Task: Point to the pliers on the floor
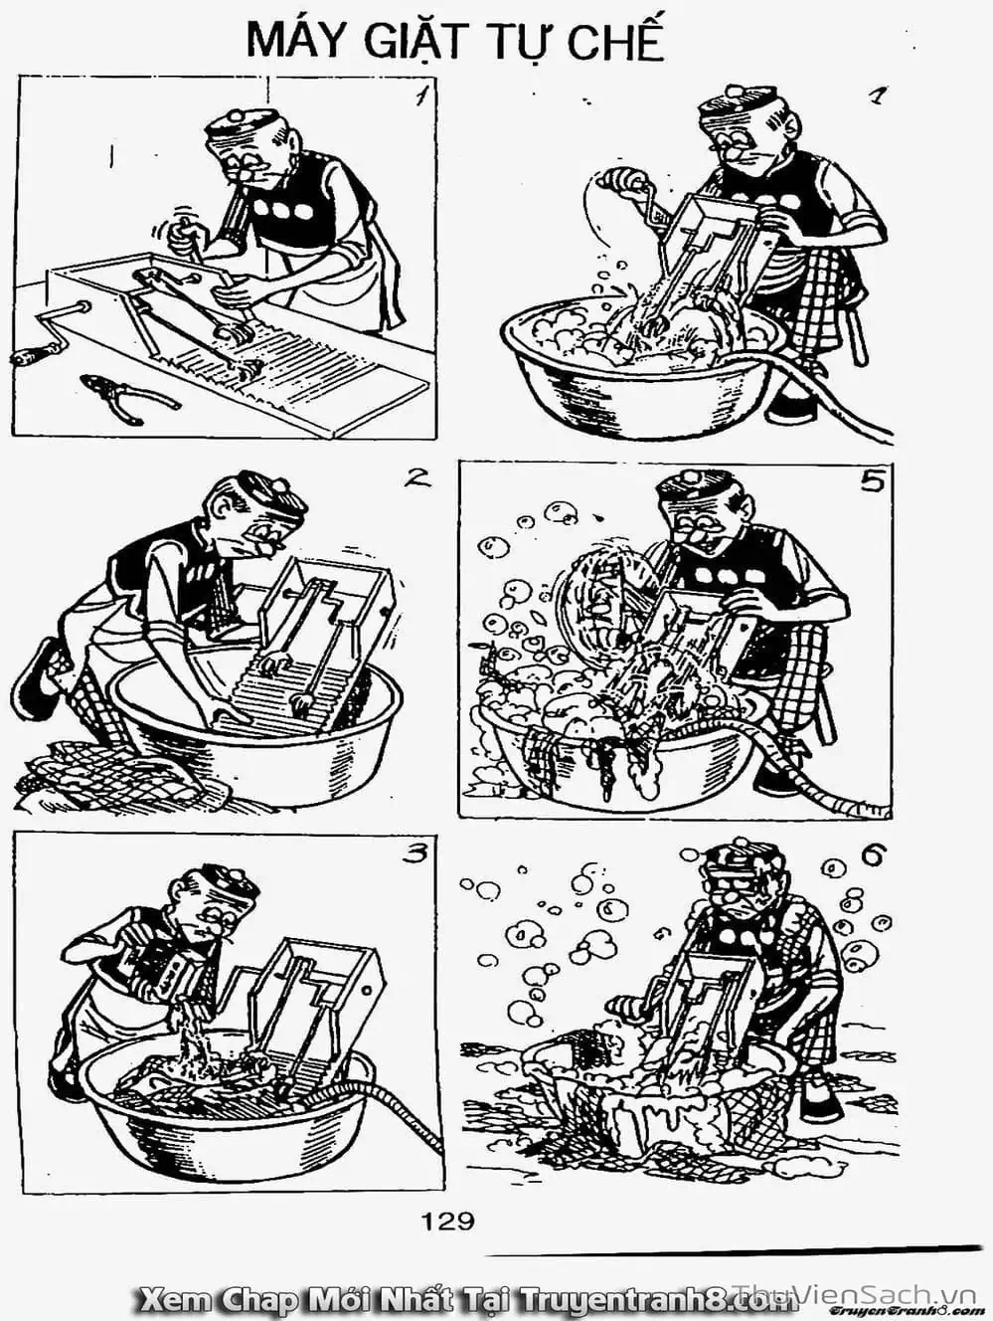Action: [x=129, y=398]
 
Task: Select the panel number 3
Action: [x=414, y=852]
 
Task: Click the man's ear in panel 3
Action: [x=180, y=888]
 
